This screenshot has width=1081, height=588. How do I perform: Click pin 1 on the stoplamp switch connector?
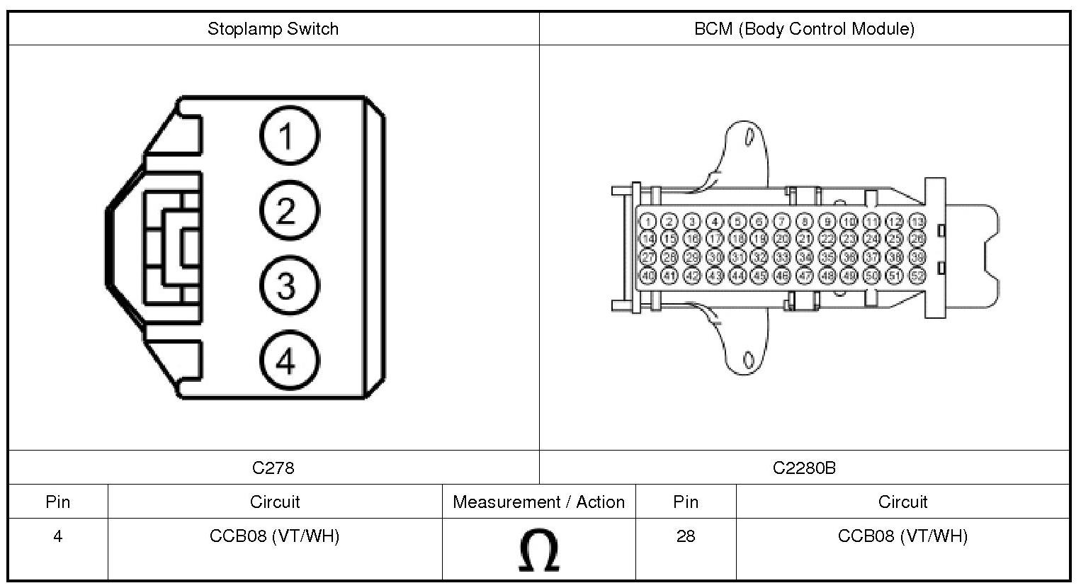pyautogui.click(x=289, y=135)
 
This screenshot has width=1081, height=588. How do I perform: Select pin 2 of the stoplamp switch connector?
pyautogui.click(x=289, y=211)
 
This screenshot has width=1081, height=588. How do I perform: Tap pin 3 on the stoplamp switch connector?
pyautogui.click(x=289, y=286)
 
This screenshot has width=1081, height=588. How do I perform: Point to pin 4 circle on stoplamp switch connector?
pyautogui.click(x=289, y=362)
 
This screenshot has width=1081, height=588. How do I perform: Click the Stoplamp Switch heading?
pyautogui.click(x=273, y=29)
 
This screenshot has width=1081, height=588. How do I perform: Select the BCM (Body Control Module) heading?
pyautogui.click(x=804, y=29)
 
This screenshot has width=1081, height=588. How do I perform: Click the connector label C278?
pyautogui.click(x=273, y=468)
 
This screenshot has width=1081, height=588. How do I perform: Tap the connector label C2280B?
pyautogui.click(x=804, y=468)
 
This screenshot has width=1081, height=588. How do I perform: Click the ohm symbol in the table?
pyautogui.click(x=538, y=550)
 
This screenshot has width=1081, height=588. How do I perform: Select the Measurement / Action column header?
pyautogui.click(x=538, y=502)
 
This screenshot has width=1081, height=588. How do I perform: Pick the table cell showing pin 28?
pyautogui.click(x=685, y=536)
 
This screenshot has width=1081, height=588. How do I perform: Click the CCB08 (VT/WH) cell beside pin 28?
pyautogui.click(x=902, y=536)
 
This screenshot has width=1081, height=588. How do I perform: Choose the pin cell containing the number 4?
pyautogui.click(x=57, y=536)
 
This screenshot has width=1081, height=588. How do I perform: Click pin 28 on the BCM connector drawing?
pyautogui.click(x=669, y=257)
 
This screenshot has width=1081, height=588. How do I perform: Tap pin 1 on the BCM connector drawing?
pyautogui.click(x=647, y=222)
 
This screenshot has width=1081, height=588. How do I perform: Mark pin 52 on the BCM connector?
pyautogui.click(x=917, y=276)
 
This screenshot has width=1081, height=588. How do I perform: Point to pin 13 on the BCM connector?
pyautogui.click(x=917, y=222)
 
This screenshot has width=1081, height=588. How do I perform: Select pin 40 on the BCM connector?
pyautogui.click(x=647, y=276)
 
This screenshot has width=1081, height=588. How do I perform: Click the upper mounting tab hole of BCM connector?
pyautogui.click(x=748, y=137)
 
